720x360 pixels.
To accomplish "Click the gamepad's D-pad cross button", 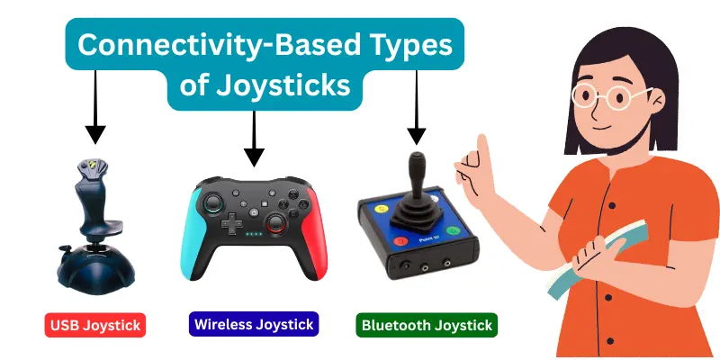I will [x=231, y=223].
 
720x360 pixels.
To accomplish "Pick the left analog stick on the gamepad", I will [x=217, y=201].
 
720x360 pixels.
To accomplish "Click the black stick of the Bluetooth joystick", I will [x=417, y=180].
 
